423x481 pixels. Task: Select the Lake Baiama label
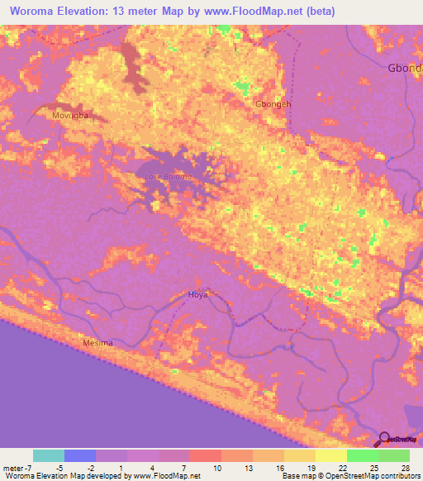168,177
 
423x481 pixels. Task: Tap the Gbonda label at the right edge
405,69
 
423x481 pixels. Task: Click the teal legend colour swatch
49,455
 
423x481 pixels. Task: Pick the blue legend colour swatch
80,455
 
